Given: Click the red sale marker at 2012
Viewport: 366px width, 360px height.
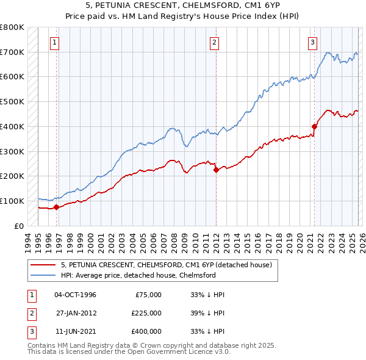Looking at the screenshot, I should pyautogui.click(x=216, y=170).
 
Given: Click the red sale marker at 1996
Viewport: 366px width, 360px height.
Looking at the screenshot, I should pyautogui.click(x=56, y=207).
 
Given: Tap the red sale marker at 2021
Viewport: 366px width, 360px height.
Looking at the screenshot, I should pyautogui.click(x=315, y=127).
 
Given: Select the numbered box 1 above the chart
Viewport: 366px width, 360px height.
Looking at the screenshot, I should pyautogui.click(x=55, y=43).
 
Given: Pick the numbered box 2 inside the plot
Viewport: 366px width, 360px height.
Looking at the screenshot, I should pyautogui.click(x=215, y=43).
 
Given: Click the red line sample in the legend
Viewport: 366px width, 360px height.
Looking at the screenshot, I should pyautogui.click(x=44, y=265).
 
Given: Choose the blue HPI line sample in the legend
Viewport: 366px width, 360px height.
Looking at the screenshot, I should pyautogui.click(x=44, y=275).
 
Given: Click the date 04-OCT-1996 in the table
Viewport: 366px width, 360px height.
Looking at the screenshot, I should pyautogui.click(x=75, y=295).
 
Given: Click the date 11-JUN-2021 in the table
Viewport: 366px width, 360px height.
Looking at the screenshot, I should pyautogui.click(x=75, y=331).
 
